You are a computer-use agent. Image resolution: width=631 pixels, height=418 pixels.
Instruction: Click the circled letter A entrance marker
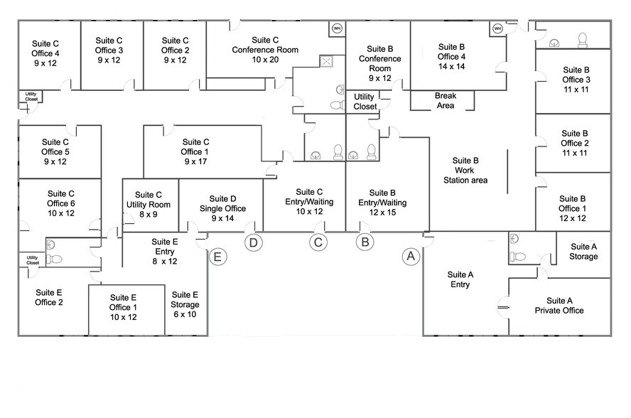point(409,256)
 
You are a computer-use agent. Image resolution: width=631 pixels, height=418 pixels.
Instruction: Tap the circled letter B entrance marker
point(365,242)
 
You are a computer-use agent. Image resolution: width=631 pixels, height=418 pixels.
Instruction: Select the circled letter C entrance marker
point(318,242)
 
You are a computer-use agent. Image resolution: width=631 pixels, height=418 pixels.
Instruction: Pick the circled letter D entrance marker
point(253,242)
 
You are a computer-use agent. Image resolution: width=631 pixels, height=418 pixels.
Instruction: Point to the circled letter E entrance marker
point(218,256)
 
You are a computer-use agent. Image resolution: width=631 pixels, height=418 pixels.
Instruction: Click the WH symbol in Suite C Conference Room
point(336,28)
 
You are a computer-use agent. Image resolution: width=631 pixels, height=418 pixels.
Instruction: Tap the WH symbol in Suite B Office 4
point(497,28)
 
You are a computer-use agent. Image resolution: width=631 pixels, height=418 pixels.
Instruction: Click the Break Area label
point(445,101)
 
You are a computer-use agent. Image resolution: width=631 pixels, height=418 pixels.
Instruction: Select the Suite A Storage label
point(583,251)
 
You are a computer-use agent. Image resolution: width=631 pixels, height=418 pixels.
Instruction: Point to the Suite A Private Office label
point(559,305)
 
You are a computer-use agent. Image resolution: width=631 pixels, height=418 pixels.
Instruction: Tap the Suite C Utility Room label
point(149,204)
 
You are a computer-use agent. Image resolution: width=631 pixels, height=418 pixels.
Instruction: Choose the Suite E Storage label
point(185,304)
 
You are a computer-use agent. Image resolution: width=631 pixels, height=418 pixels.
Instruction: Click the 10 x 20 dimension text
point(265,60)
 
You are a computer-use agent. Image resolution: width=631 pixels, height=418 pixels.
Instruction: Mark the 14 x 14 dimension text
point(452,66)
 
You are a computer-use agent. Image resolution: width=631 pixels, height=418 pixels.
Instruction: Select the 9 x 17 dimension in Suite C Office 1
point(195,161)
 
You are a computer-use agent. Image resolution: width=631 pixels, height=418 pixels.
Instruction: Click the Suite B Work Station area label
point(465,171)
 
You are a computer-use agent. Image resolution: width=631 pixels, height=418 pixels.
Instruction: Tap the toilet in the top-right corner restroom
point(582,39)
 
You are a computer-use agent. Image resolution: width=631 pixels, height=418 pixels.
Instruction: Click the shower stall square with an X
point(327,61)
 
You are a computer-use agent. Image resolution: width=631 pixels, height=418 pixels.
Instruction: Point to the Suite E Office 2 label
point(49,297)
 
